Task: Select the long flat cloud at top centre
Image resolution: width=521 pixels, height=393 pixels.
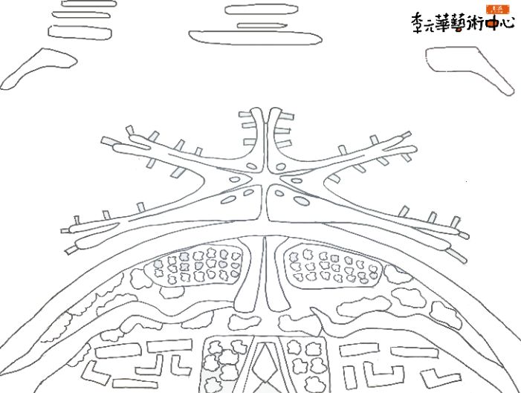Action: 237,33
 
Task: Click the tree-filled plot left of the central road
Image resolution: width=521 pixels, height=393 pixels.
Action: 197,265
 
